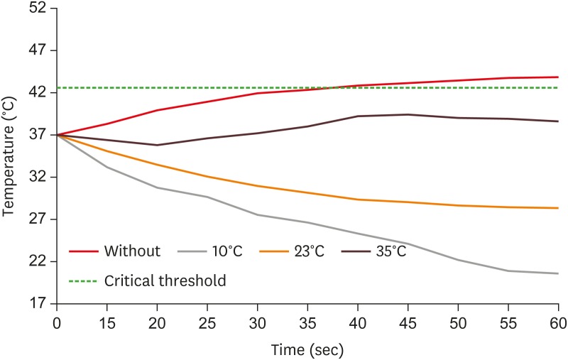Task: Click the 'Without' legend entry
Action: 131,251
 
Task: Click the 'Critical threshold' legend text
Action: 165,281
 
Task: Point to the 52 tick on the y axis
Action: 38,9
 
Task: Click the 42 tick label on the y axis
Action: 38,92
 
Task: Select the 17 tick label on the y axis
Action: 38,303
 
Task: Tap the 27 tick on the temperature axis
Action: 38,219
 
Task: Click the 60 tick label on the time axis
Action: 557,320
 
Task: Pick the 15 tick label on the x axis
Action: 106,320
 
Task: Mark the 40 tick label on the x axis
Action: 357,320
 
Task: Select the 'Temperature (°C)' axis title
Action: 10,156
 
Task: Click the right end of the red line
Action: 558,77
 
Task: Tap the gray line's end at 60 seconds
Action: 558,273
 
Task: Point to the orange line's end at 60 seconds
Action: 558,208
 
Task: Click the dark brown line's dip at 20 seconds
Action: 157,145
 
